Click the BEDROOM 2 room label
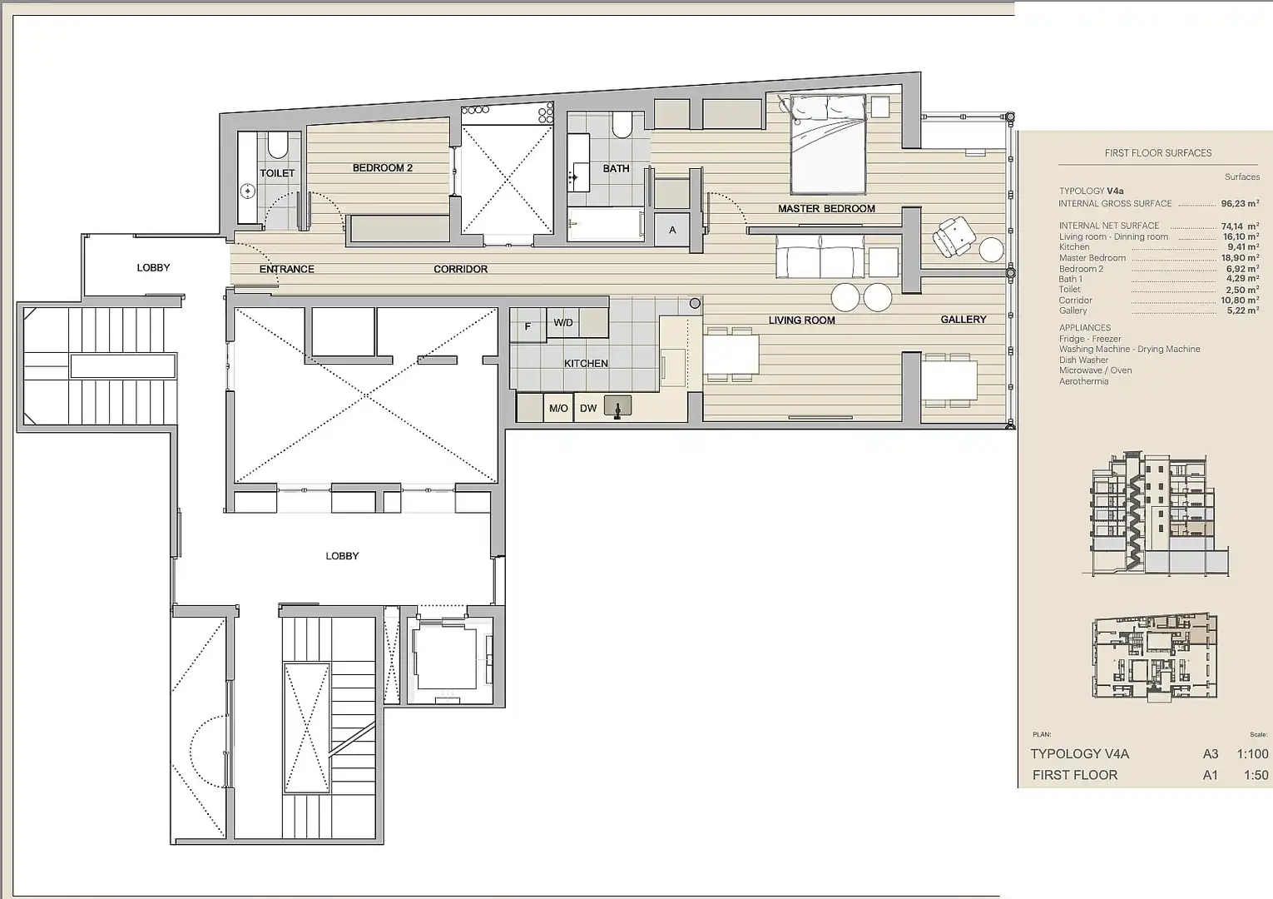click(383, 168)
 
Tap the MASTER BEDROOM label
click(826, 209)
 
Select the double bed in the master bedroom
click(827, 145)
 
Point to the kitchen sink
click(617, 407)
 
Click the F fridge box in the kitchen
click(528, 325)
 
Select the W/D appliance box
click(563, 322)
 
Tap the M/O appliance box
click(558, 408)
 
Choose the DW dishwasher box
click(588, 408)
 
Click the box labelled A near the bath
click(671, 230)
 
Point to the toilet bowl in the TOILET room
click(278, 147)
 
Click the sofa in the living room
click(820, 256)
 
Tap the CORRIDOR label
click(460, 269)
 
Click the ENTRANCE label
click(286, 269)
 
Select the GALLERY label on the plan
click(963, 320)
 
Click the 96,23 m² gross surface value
click(1240, 203)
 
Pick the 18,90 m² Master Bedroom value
click(1241, 257)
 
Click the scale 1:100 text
click(1252, 754)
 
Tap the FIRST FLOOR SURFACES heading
click(1157, 153)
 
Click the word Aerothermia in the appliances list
click(1083, 381)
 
